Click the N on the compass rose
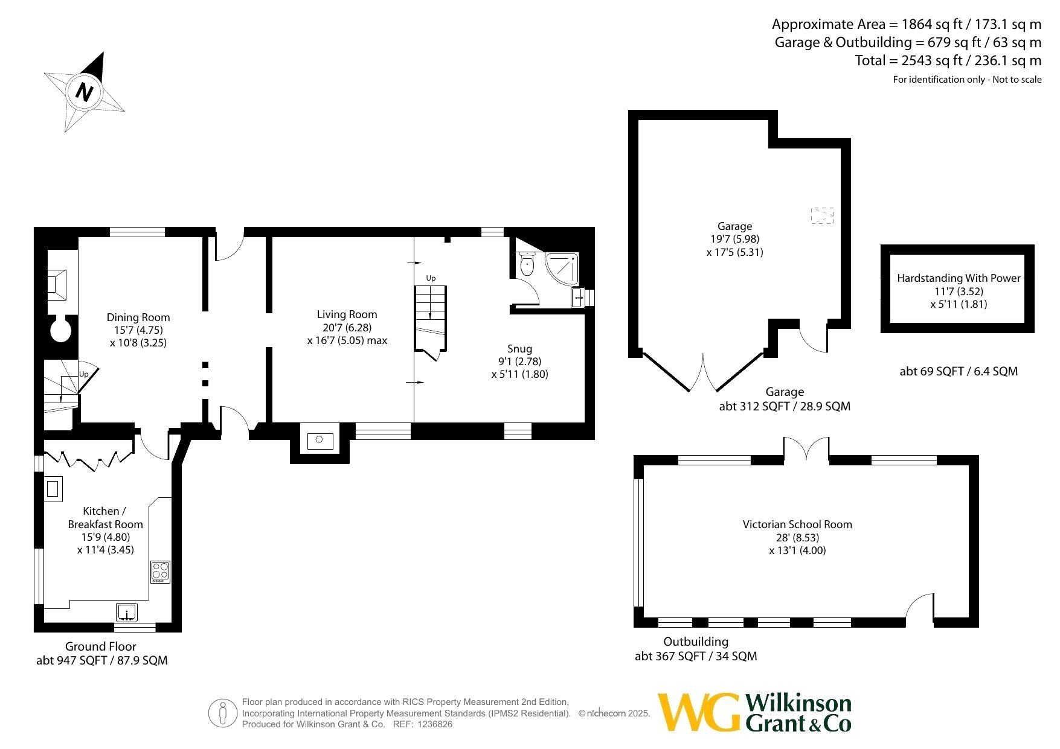85,92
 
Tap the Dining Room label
138,317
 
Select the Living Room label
347,314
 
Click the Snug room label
519,349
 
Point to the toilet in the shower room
527,264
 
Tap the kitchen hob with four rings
160,572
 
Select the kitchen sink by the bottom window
127,612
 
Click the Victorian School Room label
797,524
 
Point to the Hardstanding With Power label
959,278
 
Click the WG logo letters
699,712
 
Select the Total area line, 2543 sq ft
948,60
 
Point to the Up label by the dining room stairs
84,374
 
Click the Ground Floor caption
101,646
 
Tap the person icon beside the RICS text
223,713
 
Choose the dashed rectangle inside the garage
822,215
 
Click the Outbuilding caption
696,642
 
